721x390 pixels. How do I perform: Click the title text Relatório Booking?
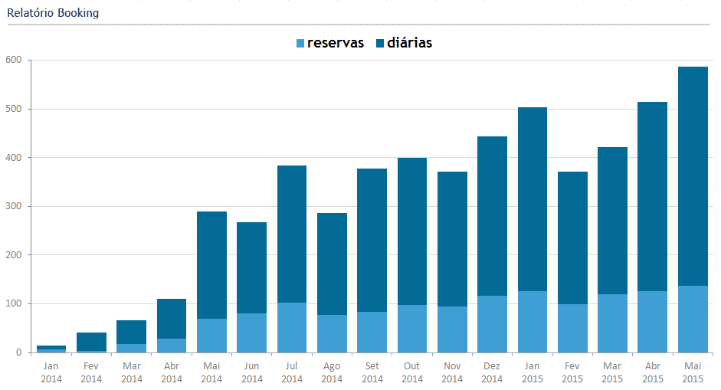click(x=53, y=13)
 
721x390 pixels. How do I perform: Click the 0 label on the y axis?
click(x=18, y=352)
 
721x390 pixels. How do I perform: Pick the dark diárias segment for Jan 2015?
click(x=533, y=199)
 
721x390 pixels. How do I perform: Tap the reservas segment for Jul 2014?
click(x=292, y=327)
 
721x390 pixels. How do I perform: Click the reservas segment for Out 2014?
click(x=412, y=329)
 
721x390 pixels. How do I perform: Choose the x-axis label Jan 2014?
click(x=51, y=372)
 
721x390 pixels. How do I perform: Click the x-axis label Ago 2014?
click(x=332, y=372)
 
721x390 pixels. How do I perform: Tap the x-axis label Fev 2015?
click(x=572, y=372)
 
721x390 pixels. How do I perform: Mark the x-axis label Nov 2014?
click(x=452, y=372)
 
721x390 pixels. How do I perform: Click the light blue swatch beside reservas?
click(x=300, y=44)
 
